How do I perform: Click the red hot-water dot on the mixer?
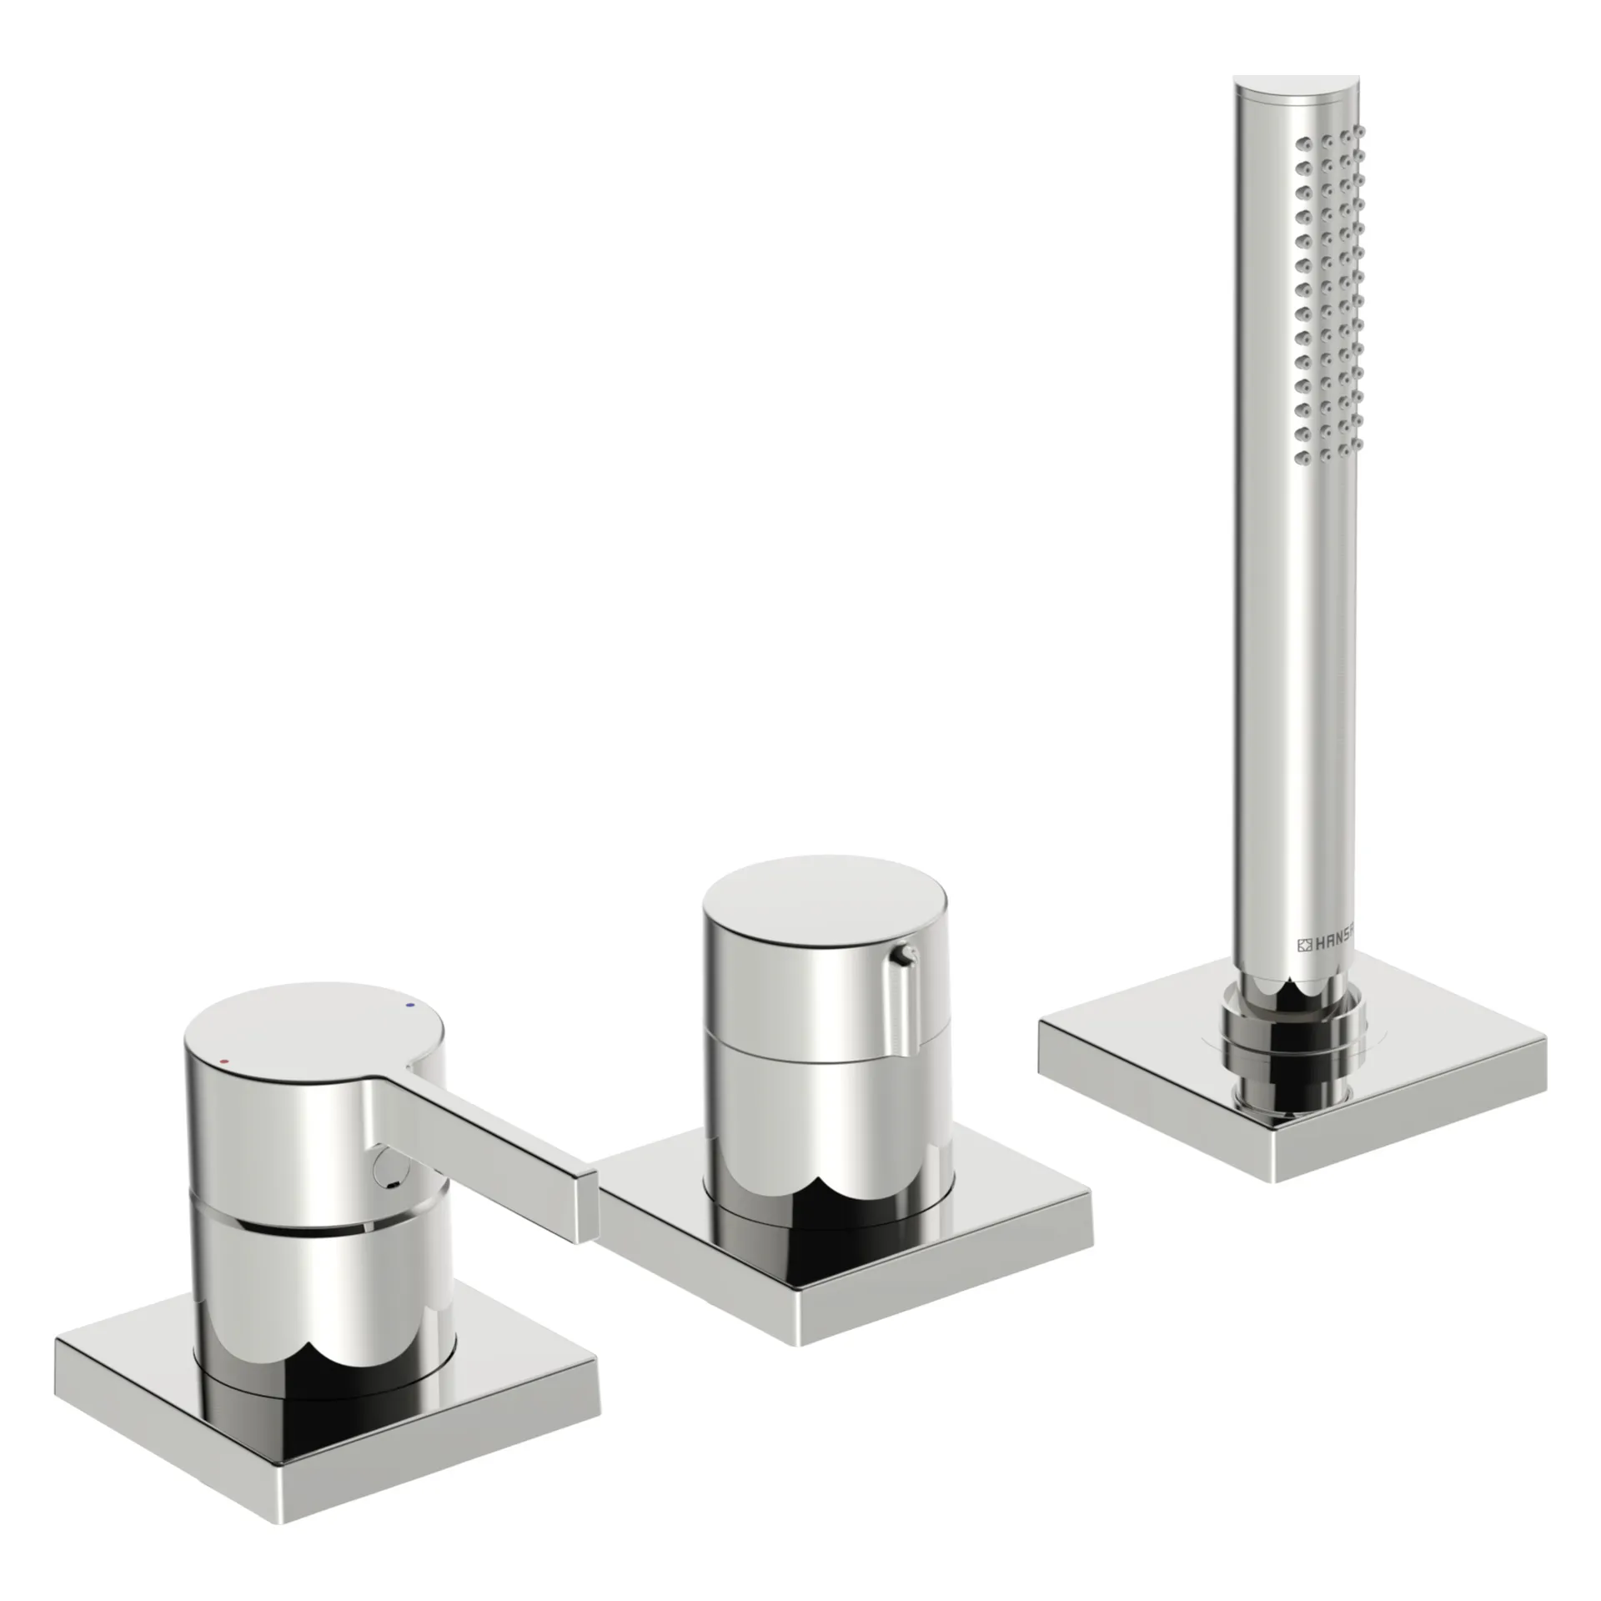click(x=223, y=1061)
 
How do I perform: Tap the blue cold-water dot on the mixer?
click(x=408, y=1007)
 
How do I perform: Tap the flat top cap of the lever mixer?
click(x=309, y=1034)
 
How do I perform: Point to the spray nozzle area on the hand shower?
click(x=1331, y=292)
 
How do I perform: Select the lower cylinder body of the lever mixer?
click(x=325, y=1301)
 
